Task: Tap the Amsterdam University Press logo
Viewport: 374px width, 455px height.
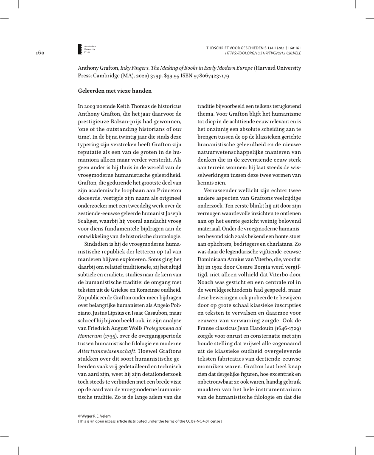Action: [80, 49]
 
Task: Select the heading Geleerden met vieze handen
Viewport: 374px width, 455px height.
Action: [115, 91]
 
